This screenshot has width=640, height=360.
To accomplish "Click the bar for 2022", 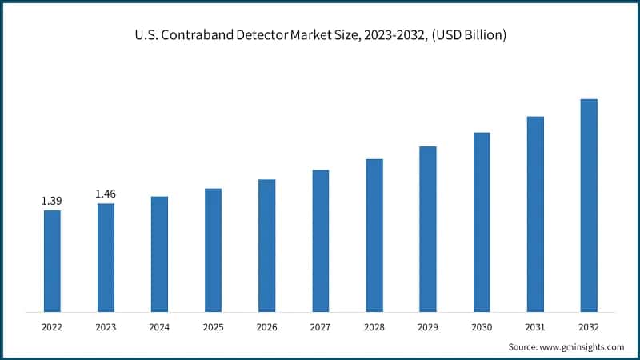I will point(52,261).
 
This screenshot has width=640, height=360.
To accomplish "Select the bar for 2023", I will point(106,258).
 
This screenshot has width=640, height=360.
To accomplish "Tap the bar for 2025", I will point(213,250).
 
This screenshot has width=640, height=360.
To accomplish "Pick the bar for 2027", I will point(321,241).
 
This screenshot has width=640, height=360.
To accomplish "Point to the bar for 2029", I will point(428,229).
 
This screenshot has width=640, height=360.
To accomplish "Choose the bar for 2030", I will point(482,222).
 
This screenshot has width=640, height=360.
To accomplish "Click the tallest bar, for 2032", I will point(589,206).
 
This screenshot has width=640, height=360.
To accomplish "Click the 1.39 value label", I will point(52,200).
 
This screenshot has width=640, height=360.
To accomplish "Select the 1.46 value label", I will point(106,194).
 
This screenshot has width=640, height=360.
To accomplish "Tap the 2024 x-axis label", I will point(159,327).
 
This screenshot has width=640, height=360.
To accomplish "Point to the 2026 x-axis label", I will point(266,327).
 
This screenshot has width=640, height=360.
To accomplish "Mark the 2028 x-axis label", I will point(374,327).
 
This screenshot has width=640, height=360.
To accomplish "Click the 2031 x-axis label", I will point(535,327).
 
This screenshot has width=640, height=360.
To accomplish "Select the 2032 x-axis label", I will point(589,327).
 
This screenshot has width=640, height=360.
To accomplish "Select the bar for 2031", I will point(535,214).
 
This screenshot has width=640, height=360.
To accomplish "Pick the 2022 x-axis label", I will point(52,327).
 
